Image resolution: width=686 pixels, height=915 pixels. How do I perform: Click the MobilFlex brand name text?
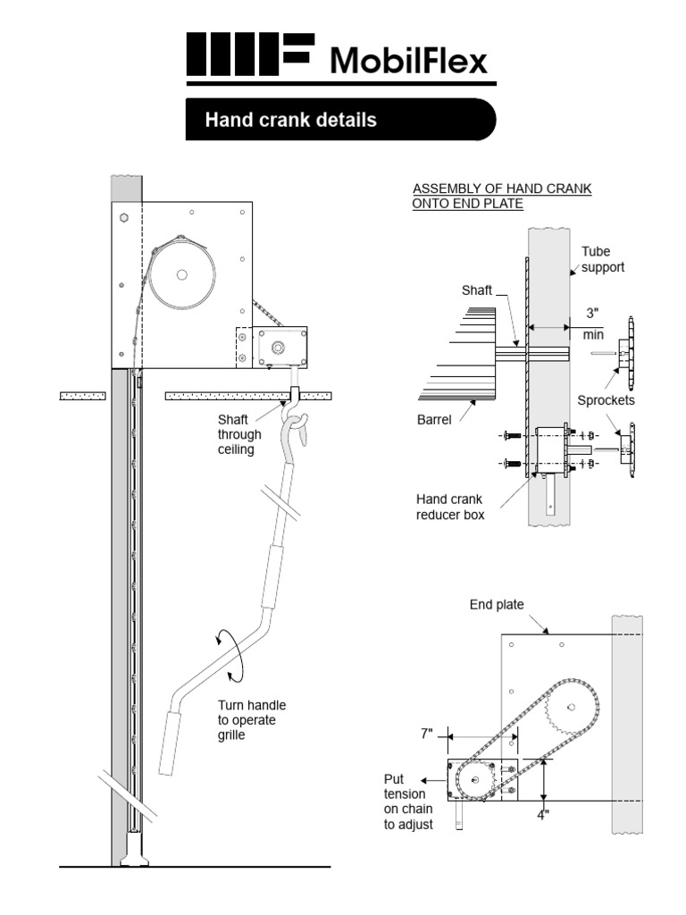tap(409, 61)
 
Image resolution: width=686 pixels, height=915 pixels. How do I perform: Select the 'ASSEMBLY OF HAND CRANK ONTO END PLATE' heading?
tap(501, 197)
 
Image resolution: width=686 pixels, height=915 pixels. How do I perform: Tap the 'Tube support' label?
tap(603, 259)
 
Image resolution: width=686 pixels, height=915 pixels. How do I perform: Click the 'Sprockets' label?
tap(606, 400)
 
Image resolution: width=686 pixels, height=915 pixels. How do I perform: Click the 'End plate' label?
tap(497, 605)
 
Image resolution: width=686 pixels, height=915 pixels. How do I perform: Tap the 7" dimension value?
tap(427, 734)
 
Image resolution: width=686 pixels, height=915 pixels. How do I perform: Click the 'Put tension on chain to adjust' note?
tap(408, 802)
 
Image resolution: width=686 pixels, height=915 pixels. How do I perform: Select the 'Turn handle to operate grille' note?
tap(252, 720)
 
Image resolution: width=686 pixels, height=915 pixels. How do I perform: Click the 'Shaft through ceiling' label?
tap(239, 434)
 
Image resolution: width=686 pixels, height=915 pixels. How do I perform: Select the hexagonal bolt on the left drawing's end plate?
tap(123, 216)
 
